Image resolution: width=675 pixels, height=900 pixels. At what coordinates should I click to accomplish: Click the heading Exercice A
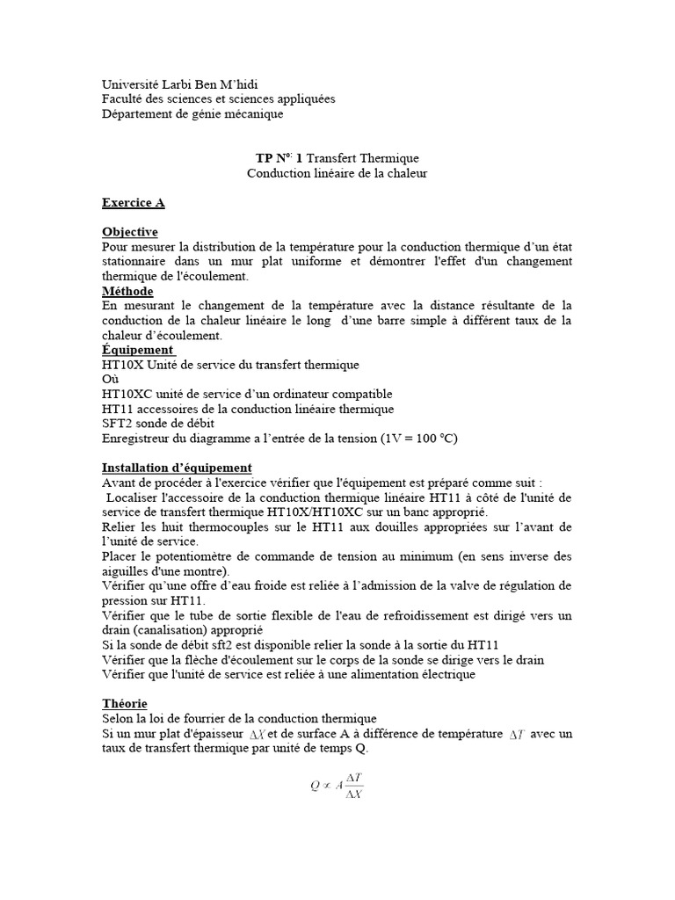tap(133, 203)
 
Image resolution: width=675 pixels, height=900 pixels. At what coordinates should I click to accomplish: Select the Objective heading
tap(129, 232)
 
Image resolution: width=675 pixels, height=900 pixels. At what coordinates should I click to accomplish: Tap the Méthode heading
tap(127, 291)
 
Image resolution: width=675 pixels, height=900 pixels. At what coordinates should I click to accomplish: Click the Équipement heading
tap(138, 350)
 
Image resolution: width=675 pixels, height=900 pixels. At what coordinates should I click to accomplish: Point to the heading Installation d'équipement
tap(177, 468)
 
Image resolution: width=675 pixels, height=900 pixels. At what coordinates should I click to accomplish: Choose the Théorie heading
tap(125, 704)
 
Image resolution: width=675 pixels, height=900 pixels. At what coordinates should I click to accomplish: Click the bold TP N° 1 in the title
tap(279, 158)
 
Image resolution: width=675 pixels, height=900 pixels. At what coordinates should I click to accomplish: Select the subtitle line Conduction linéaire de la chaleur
tap(337, 173)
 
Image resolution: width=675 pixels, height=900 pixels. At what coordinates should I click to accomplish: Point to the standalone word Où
tap(111, 379)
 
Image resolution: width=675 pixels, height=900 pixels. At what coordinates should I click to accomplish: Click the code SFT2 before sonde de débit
tap(118, 424)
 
